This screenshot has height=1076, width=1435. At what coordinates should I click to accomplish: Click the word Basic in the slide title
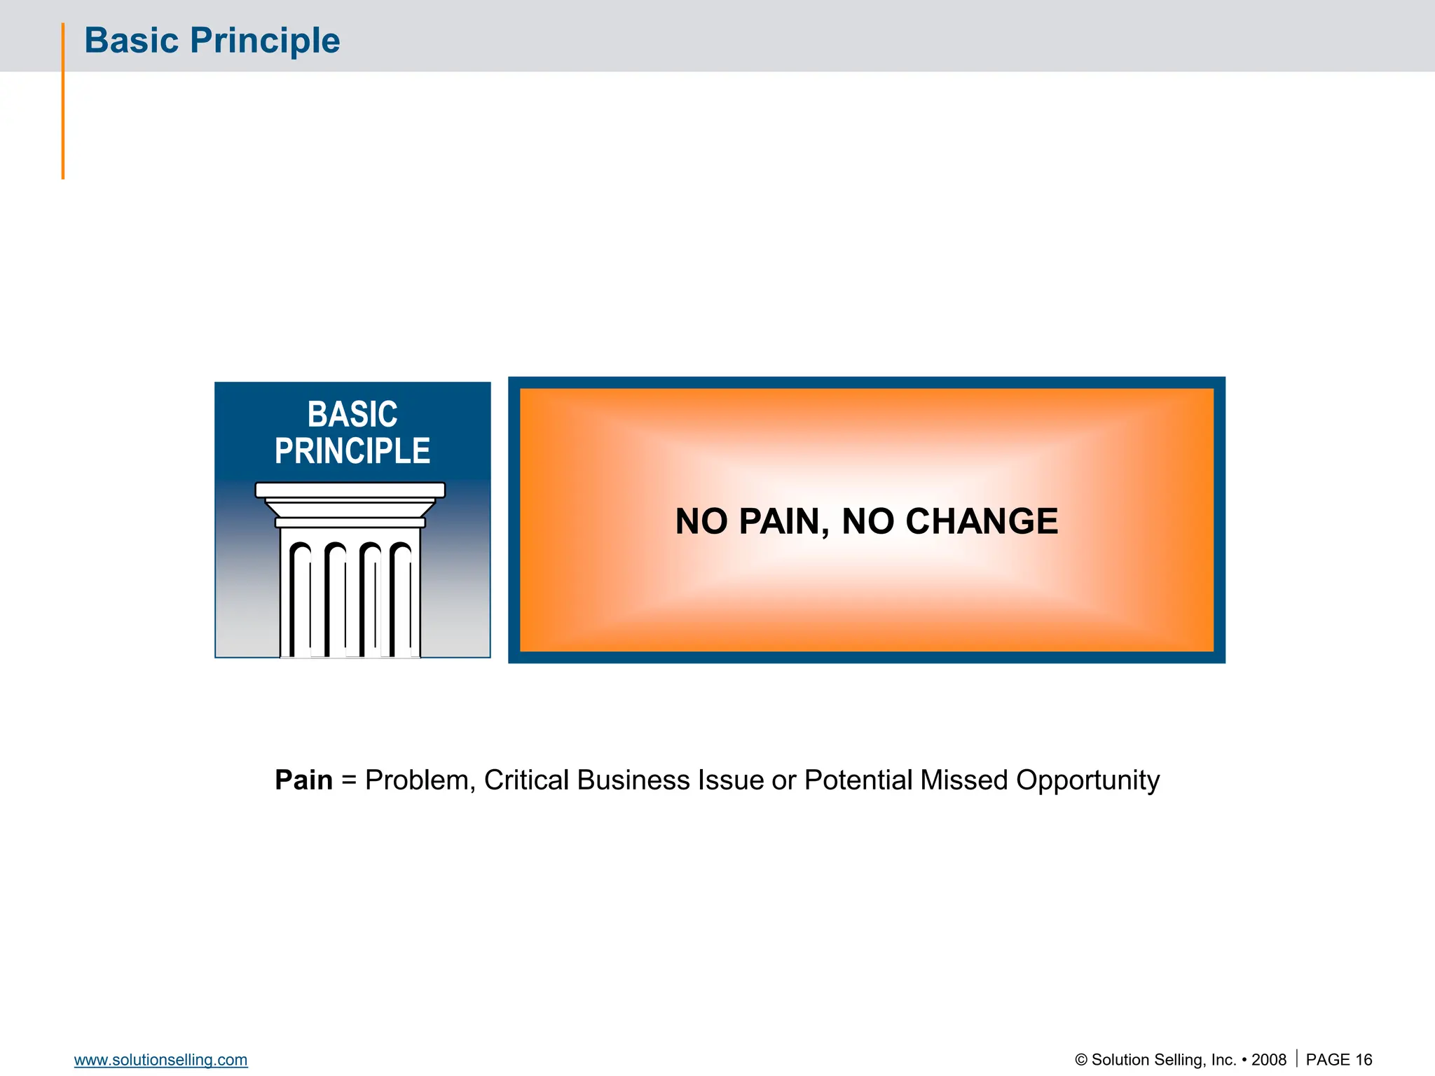(131, 41)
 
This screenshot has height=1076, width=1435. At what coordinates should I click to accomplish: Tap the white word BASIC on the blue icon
(352, 414)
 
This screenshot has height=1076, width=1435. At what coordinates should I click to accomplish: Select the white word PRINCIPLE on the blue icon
(352, 451)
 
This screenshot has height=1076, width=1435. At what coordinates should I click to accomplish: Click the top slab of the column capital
(350, 490)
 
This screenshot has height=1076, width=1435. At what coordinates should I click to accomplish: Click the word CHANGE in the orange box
(981, 521)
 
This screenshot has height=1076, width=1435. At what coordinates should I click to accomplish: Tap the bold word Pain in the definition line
(303, 780)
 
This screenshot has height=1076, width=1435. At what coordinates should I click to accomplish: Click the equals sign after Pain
(348, 780)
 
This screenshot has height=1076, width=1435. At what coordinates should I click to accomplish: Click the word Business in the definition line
(633, 780)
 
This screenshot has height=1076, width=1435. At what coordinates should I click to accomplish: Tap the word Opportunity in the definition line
(1087, 780)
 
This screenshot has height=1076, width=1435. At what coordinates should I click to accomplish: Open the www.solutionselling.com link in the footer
(160, 1060)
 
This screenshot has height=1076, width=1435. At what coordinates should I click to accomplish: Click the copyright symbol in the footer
(1081, 1060)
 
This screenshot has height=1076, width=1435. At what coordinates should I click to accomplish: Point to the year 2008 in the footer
(1268, 1060)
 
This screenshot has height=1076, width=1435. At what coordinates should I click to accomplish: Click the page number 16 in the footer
(1364, 1060)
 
